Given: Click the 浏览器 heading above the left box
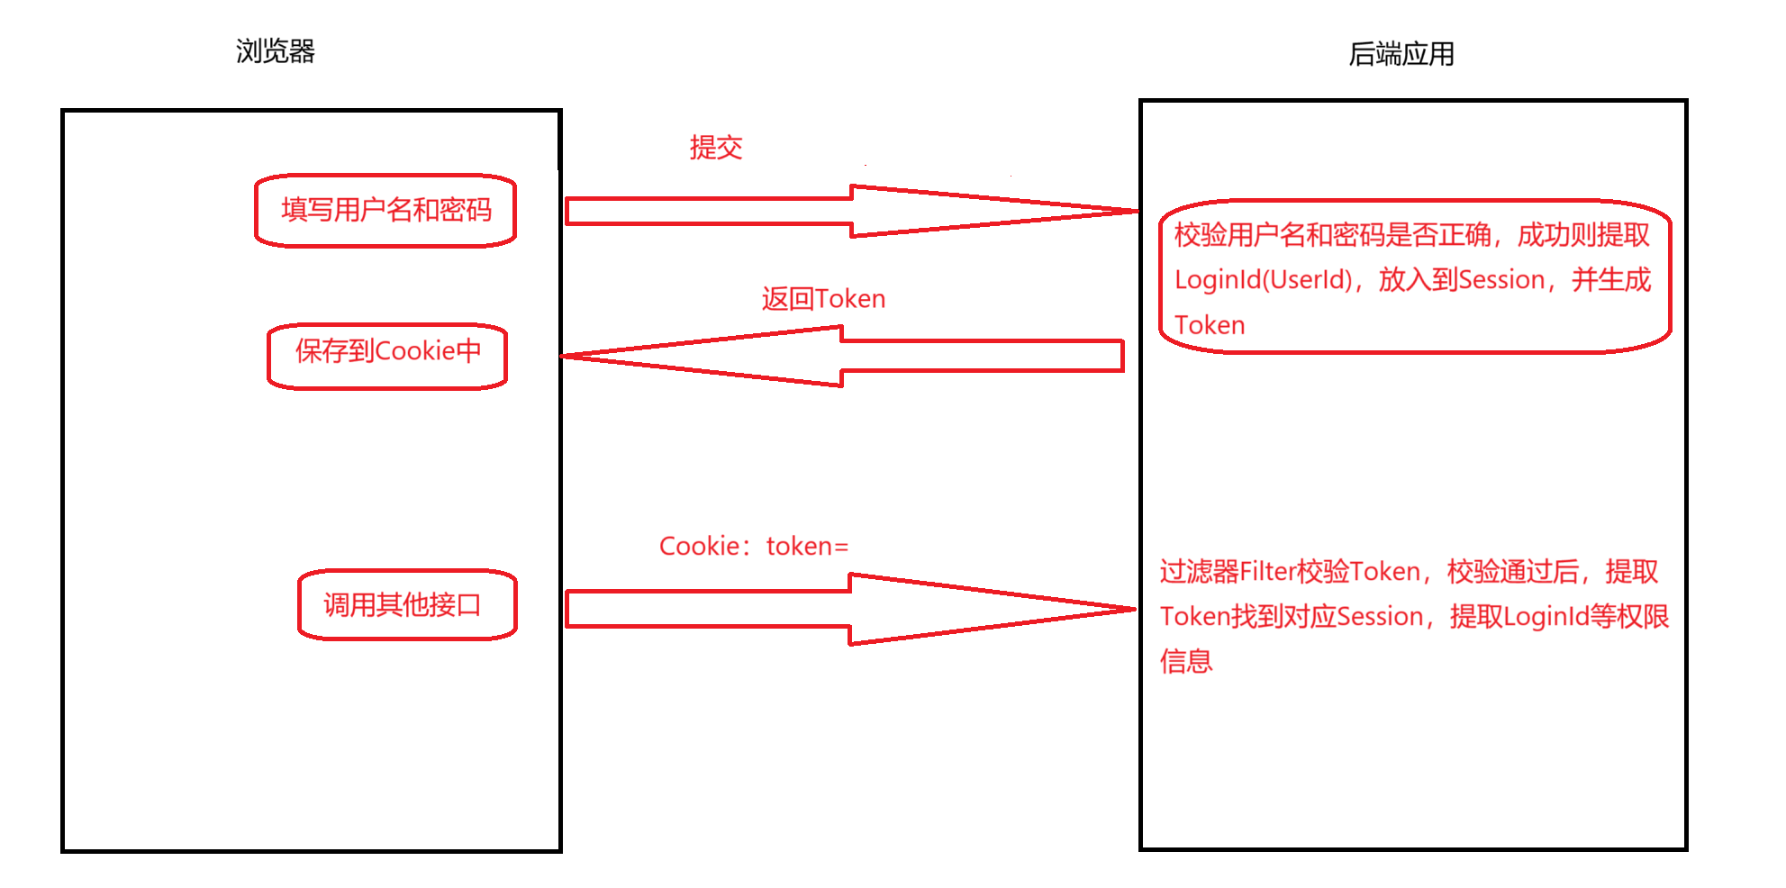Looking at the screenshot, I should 276,51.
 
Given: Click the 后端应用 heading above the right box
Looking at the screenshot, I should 1401,54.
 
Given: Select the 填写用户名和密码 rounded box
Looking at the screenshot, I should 385,211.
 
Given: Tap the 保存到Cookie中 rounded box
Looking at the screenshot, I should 387,355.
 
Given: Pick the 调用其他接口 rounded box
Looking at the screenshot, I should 407,604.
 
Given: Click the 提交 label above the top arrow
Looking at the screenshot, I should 716,147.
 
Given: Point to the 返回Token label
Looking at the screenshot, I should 823,298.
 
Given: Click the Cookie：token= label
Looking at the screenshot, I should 754,546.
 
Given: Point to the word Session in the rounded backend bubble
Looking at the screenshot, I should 1500,280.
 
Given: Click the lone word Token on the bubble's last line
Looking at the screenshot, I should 1210,325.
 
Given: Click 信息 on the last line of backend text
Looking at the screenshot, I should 1186,661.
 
